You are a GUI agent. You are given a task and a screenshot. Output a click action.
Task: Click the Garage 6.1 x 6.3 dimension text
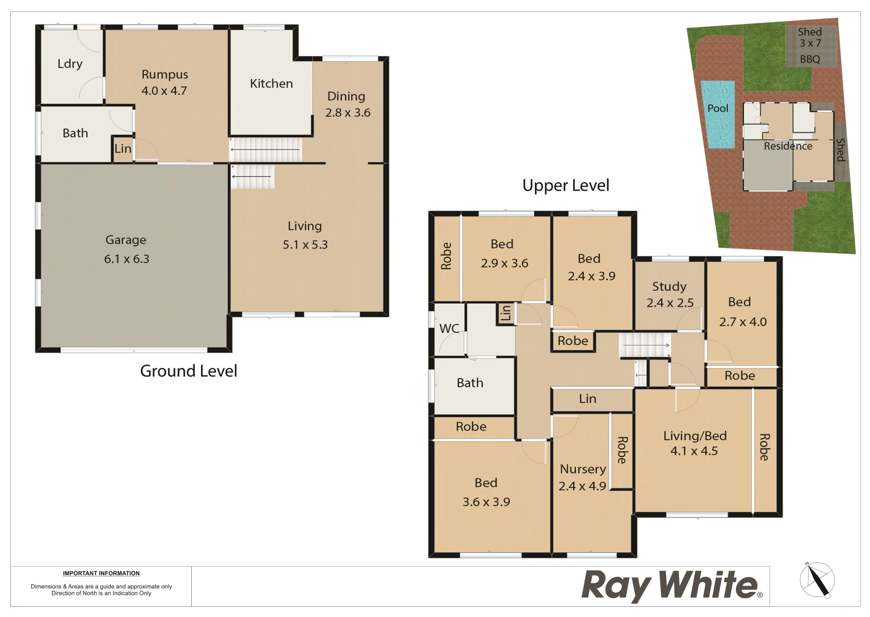(127, 259)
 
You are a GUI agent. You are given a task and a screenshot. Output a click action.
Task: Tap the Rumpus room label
(164, 74)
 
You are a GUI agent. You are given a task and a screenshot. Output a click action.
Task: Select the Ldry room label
(70, 63)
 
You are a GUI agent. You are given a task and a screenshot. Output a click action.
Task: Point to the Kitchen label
(271, 83)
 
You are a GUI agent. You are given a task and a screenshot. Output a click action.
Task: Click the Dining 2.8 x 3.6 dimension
(348, 113)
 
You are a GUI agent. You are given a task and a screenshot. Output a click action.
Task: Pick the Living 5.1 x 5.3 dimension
(305, 245)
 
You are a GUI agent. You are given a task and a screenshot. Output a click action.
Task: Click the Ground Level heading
(188, 371)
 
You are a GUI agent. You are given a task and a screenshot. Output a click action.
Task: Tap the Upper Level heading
(566, 185)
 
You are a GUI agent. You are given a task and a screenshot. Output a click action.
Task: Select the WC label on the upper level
(449, 328)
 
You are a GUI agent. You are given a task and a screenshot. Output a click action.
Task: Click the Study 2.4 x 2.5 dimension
(670, 303)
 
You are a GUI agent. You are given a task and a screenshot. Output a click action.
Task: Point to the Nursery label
(583, 469)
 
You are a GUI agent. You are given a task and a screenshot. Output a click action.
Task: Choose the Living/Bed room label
(695, 436)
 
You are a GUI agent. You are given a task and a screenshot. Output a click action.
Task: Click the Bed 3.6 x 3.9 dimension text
(486, 502)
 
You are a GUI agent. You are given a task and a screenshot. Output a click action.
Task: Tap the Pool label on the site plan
(718, 108)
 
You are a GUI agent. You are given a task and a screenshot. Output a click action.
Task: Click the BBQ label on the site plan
(809, 59)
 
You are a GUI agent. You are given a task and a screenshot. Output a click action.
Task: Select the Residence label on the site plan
(788, 146)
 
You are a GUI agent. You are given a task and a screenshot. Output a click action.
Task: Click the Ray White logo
(671, 586)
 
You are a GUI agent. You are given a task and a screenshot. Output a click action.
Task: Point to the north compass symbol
(817, 580)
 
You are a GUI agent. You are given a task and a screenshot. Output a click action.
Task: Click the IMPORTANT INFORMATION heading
(101, 573)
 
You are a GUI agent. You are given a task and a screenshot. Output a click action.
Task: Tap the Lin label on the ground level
(123, 149)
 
